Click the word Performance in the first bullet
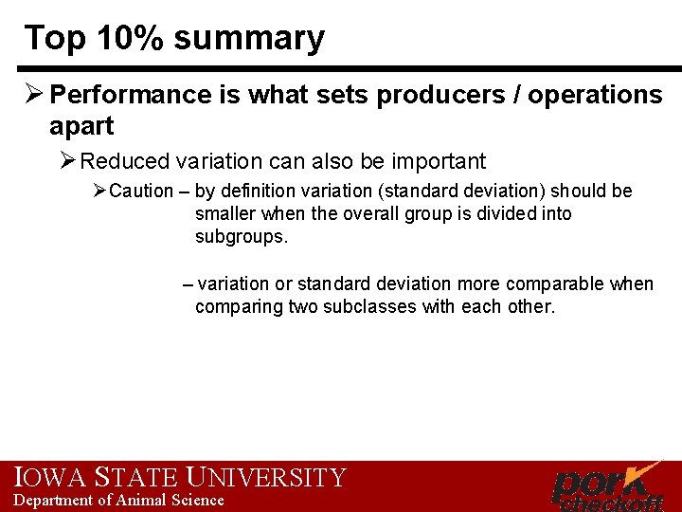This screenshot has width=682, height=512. click(x=130, y=95)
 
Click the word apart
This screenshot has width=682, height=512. click(x=81, y=126)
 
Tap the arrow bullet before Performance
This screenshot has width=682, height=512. click(x=34, y=95)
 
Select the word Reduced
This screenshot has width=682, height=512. click(x=128, y=162)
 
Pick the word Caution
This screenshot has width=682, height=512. click(x=141, y=192)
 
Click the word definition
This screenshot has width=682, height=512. click(x=264, y=192)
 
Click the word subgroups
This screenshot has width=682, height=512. click(x=240, y=237)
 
